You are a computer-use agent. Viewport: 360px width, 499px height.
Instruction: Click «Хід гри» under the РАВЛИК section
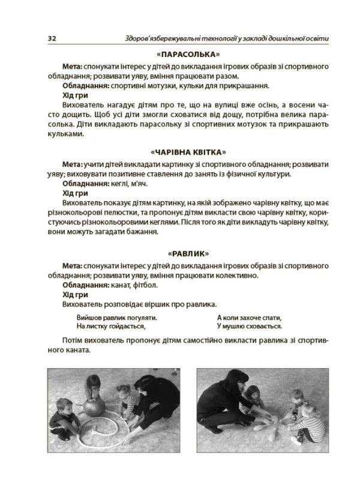tap(75, 294)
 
